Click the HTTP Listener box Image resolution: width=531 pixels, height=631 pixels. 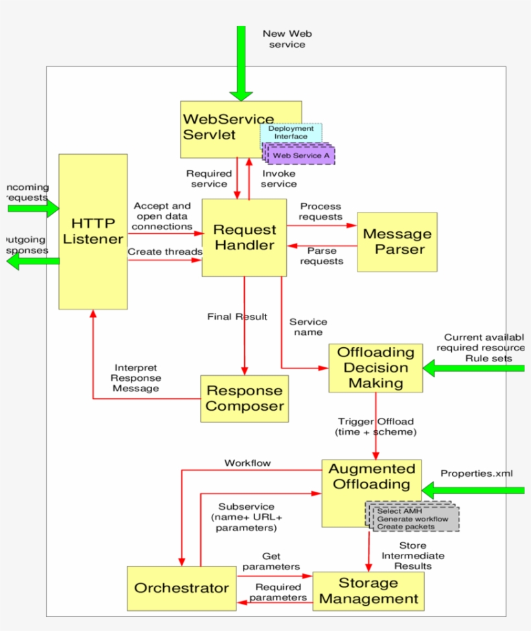(x=93, y=231)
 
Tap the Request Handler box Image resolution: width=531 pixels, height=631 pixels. (x=244, y=238)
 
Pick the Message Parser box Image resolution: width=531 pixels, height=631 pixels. (x=397, y=242)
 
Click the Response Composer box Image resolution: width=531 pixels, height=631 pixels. (x=244, y=398)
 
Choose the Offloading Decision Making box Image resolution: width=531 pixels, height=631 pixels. (x=376, y=368)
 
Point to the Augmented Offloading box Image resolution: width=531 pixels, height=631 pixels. (x=371, y=478)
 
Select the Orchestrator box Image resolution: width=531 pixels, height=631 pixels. (x=181, y=588)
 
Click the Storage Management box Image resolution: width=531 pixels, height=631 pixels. (x=368, y=591)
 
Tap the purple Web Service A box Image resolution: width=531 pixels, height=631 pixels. (x=302, y=156)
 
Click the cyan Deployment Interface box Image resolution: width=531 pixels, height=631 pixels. (x=291, y=132)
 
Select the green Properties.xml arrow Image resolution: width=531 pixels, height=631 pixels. (x=473, y=490)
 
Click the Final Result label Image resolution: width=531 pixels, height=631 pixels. (x=237, y=317)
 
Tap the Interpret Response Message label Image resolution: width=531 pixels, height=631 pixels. (x=136, y=378)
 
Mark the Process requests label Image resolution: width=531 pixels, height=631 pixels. (x=321, y=211)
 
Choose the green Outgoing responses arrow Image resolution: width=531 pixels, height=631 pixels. (x=32, y=261)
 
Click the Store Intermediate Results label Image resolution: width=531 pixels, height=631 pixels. (x=412, y=556)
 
